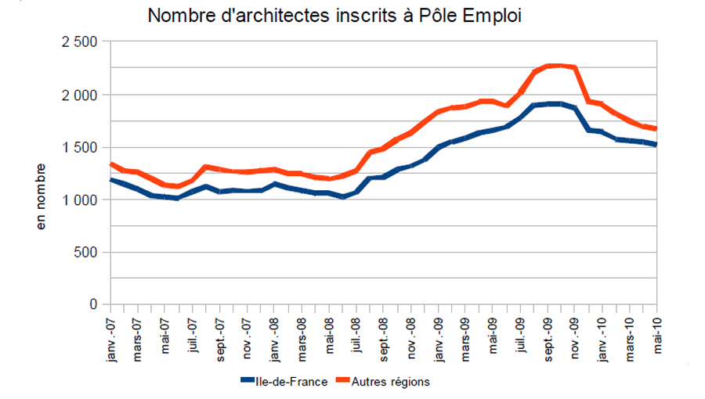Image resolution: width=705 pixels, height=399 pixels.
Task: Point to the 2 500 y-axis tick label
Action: pos(78,42)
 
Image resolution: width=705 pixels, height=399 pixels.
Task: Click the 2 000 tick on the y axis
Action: pos(78,95)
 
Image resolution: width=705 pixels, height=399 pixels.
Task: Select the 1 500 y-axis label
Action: pos(78,147)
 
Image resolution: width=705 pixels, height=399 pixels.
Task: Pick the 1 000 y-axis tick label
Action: pos(78,199)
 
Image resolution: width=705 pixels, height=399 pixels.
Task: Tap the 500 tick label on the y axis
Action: pos(86,252)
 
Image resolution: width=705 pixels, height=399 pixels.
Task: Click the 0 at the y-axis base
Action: pos(95,304)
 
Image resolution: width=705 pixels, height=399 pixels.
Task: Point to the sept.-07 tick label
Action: pos(220,335)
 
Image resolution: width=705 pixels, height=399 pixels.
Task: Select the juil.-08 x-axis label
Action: pos(356,332)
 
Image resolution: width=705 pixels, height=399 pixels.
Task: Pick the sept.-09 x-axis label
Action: pos(548,335)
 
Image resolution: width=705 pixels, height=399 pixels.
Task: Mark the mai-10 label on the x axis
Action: pos(657,331)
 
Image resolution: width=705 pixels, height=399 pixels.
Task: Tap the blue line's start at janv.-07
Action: pos(110,179)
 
